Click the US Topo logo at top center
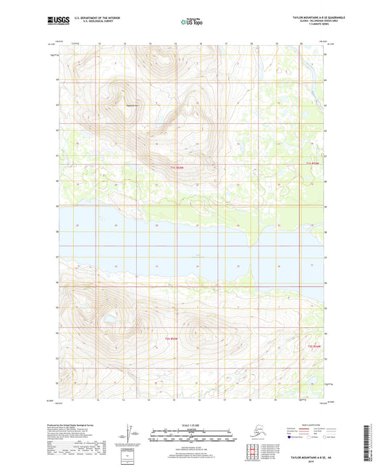tap(192, 22)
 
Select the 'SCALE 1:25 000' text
tap(193, 425)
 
